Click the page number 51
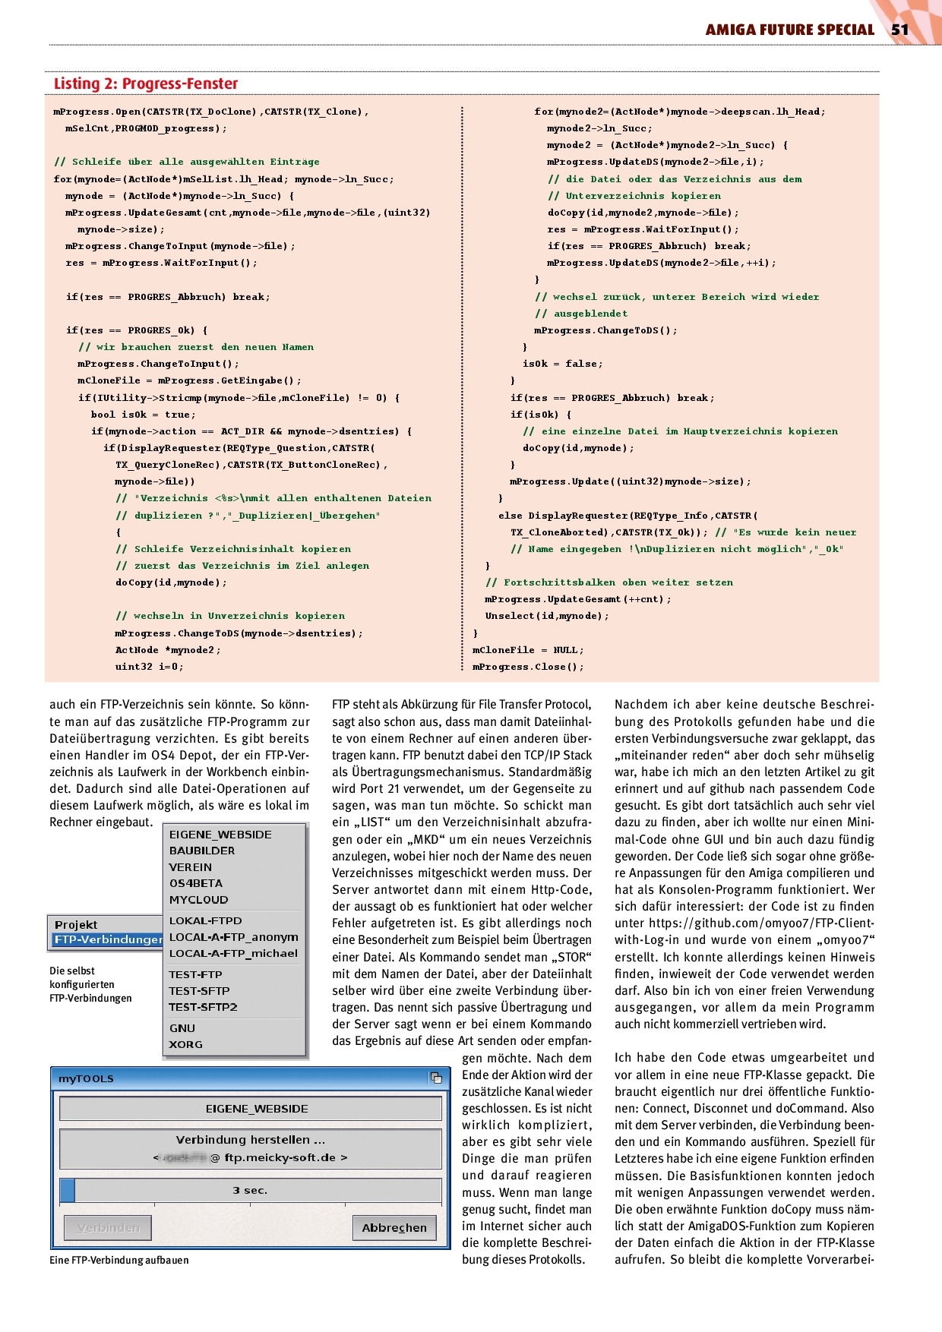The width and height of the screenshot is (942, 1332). (899, 30)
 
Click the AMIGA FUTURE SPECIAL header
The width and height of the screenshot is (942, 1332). (789, 30)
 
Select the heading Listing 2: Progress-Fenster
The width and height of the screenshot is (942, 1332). (146, 84)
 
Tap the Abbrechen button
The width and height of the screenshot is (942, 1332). (394, 1228)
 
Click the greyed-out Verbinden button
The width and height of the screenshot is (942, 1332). (108, 1228)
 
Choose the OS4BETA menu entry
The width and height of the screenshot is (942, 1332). (196, 883)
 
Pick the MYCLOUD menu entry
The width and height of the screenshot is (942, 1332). (198, 900)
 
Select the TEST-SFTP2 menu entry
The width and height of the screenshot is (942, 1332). (203, 1007)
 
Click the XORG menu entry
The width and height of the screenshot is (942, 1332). (186, 1044)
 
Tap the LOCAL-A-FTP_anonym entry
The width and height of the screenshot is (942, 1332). (233, 937)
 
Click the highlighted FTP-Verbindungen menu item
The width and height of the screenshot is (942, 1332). (108, 939)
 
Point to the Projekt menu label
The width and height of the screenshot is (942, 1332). (76, 924)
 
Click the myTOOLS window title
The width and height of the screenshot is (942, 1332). (87, 1078)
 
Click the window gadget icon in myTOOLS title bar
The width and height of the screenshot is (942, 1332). (436, 1078)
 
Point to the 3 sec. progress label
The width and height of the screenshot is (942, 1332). (250, 1190)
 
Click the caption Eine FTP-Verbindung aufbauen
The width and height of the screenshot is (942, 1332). (119, 1260)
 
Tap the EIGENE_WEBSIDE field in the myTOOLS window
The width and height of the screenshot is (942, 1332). (257, 1109)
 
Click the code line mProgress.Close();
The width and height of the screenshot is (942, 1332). (529, 667)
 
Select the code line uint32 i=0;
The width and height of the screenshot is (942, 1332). (149, 667)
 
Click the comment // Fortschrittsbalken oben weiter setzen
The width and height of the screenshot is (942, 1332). (609, 582)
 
